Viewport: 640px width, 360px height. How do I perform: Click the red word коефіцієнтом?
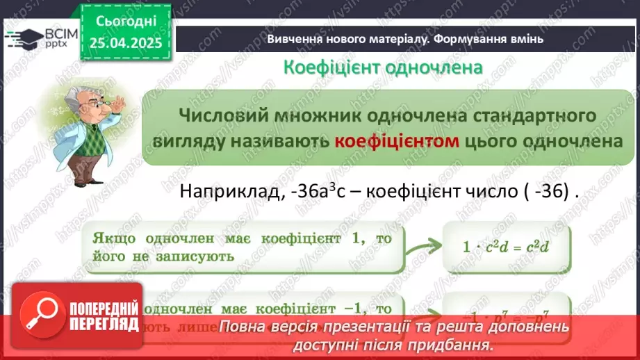(x=397, y=140)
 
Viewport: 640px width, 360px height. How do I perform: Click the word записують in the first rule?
(x=199, y=256)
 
